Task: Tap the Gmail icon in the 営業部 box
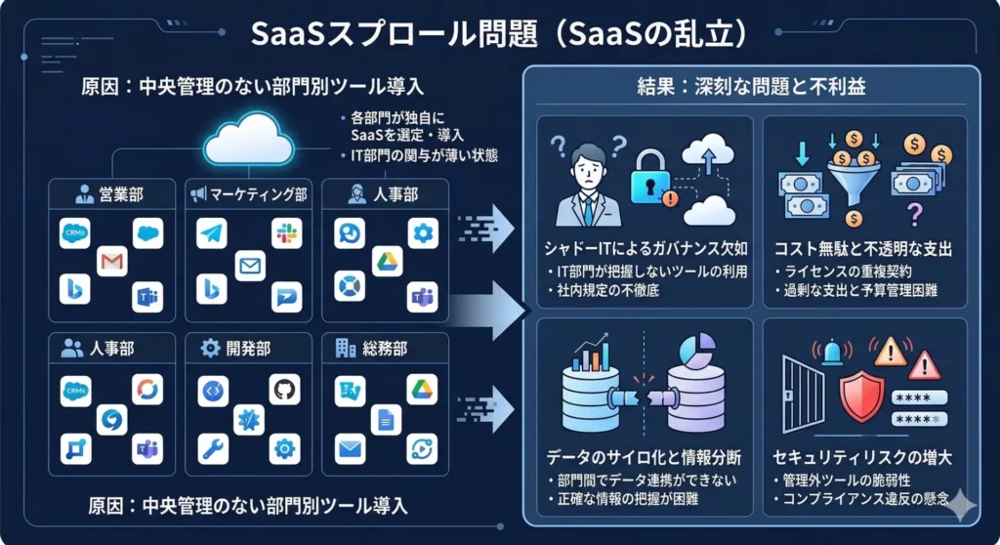pos(113,261)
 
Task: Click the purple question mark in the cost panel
pos(915,212)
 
